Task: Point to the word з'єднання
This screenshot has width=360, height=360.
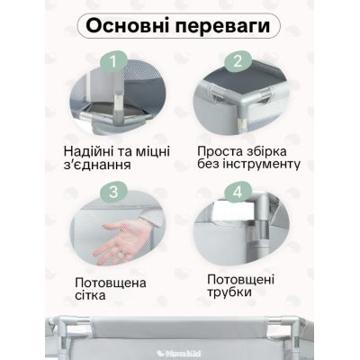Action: pos(102,166)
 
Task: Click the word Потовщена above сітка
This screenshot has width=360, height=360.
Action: pos(112,281)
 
